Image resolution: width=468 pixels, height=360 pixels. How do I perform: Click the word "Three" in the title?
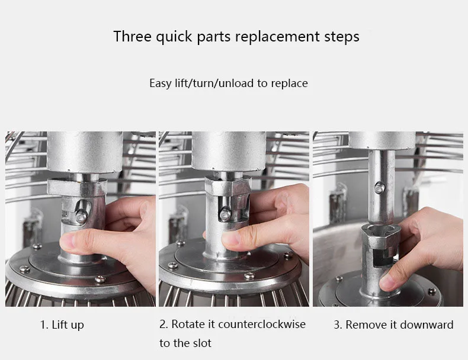click(133, 36)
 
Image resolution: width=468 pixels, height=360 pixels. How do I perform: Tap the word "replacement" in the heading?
click(277, 37)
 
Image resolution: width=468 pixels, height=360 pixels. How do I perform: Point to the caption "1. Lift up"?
click(62, 325)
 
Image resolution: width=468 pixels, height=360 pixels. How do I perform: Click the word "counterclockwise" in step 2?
click(262, 324)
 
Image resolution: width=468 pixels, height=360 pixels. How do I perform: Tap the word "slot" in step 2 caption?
click(203, 343)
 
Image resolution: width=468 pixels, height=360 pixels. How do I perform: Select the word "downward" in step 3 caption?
click(427, 324)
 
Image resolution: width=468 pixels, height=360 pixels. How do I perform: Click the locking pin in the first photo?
click(81, 216)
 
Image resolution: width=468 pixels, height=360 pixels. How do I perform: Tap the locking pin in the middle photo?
click(226, 214)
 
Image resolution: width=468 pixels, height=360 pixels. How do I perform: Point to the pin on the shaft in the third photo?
click(379, 187)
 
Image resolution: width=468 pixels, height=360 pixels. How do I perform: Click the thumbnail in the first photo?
click(66, 242)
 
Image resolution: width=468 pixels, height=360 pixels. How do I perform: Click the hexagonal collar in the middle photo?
click(228, 185)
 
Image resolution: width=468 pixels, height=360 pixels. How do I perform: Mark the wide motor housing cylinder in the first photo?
click(85, 152)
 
